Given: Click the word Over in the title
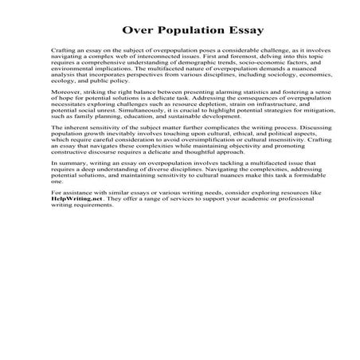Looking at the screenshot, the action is point(137,31).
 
